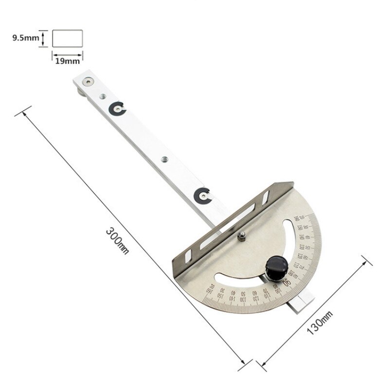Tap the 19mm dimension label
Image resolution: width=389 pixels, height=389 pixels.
tap(67, 62)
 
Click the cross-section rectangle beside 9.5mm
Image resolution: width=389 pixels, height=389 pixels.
tap(67, 38)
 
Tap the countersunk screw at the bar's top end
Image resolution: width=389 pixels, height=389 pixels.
tap(88, 82)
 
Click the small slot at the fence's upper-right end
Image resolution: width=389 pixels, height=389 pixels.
tap(265, 197)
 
